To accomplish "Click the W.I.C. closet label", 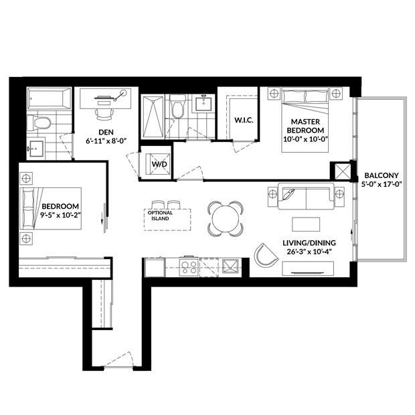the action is (244, 120).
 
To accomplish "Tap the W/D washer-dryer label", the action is (159, 165).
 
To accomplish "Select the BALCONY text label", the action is (382, 175).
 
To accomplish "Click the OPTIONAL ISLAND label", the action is (160, 216).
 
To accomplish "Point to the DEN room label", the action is (106, 132).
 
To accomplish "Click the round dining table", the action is (225, 219).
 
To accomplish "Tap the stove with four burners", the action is (189, 267).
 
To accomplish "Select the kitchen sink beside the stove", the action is (230, 266).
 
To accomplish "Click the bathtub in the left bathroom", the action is (50, 98).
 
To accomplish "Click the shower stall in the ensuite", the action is (152, 117).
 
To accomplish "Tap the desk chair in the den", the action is (104, 114).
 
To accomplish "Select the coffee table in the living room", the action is (306, 224).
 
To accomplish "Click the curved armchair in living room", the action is (265, 255).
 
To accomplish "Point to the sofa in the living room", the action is (306, 196).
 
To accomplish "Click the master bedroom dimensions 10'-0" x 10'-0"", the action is (305, 139).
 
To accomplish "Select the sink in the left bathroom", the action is (36, 149).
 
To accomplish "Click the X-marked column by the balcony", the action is (343, 172).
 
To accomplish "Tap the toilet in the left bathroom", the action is (39, 122).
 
